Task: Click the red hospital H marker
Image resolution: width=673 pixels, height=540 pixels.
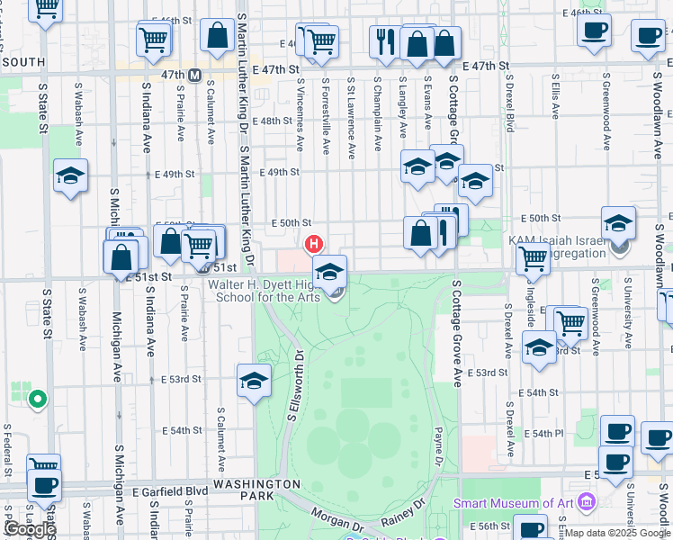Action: (314, 243)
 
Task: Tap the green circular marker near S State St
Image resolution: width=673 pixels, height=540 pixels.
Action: (37, 399)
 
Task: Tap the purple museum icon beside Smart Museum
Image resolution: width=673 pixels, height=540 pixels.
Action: (587, 500)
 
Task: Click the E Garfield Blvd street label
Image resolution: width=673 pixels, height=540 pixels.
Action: (170, 491)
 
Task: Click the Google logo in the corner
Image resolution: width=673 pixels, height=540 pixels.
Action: (30, 529)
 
